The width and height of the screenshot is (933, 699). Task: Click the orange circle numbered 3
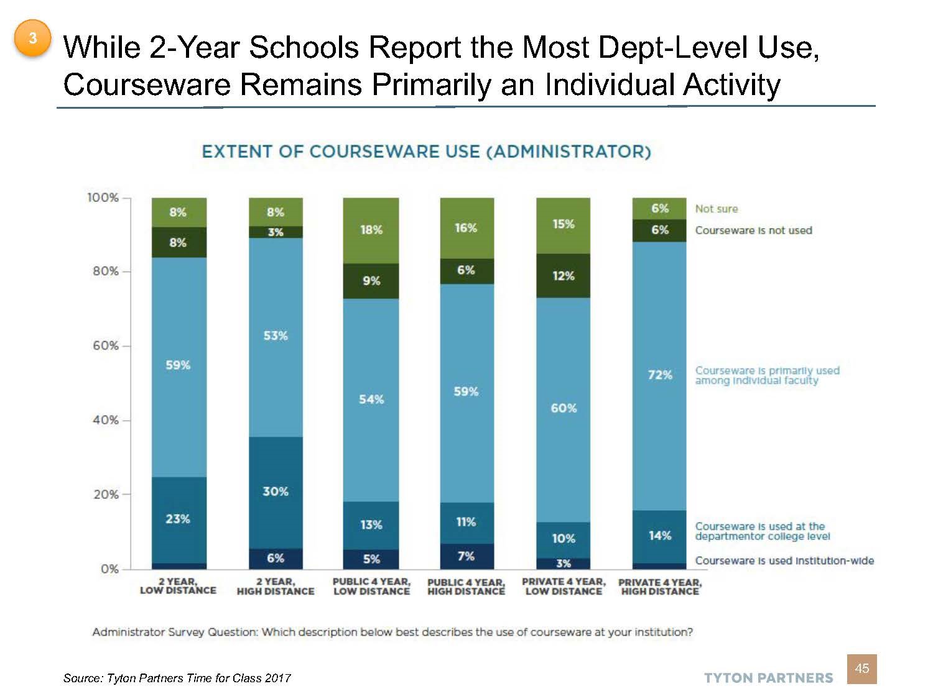click(32, 39)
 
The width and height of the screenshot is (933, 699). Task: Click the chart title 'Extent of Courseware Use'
click(426, 152)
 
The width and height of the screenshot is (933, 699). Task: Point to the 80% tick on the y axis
click(126, 272)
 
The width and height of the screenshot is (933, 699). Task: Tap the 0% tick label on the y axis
click(109, 569)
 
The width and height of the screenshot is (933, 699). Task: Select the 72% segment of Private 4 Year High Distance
click(659, 375)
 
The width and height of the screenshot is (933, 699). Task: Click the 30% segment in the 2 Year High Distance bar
click(276, 491)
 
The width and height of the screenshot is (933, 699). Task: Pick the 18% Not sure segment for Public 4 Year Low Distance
click(371, 230)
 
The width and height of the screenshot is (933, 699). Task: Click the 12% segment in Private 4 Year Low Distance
click(563, 276)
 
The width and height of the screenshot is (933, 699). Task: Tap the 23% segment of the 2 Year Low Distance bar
click(179, 519)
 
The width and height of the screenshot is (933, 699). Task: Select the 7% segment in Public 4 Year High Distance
click(466, 556)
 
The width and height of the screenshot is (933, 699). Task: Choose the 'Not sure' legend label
click(716, 209)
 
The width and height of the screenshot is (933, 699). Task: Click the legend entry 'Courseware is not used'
click(753, 231)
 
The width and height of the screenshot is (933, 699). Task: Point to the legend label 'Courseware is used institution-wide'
click(784, 560)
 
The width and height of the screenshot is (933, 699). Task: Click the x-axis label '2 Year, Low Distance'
click(178, 586)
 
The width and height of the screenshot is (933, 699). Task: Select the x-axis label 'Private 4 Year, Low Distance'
click(563, 586)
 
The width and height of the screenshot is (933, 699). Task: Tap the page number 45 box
click(861, 669)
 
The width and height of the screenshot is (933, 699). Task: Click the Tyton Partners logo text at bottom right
click(768, 678)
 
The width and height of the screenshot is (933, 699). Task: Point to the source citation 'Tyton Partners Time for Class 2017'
click(177, 678)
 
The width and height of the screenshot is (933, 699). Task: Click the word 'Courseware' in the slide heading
click(147, 85)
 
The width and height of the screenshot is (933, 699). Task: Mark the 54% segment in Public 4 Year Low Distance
click(371, 400)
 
